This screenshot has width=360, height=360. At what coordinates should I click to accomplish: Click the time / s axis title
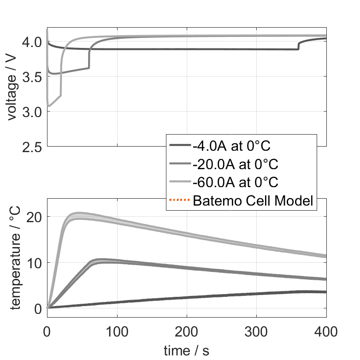(x=186, y=351)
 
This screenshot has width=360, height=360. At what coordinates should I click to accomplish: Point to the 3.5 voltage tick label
(x=31, y=77)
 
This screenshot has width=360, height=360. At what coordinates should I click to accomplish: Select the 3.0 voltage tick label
(x=31, y=112)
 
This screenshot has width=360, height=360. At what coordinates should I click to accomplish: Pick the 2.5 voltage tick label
(x=31, y=147)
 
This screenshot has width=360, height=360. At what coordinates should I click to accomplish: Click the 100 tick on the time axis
(x=117, y=331)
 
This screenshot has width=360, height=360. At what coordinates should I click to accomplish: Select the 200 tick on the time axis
(x=187, y=331)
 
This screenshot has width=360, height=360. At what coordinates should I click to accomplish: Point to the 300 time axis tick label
(x=256, y=331)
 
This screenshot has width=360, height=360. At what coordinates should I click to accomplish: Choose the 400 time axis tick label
(x=326, y=331)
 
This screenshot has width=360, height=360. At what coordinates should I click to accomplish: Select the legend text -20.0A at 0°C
(x=235, y=165)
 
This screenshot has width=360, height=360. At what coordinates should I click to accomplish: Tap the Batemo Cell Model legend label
(x=253, y=201)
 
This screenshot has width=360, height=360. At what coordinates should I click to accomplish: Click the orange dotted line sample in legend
(x=180, y=201)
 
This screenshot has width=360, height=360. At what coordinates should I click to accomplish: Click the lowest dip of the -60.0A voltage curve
(x=49, y=106)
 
